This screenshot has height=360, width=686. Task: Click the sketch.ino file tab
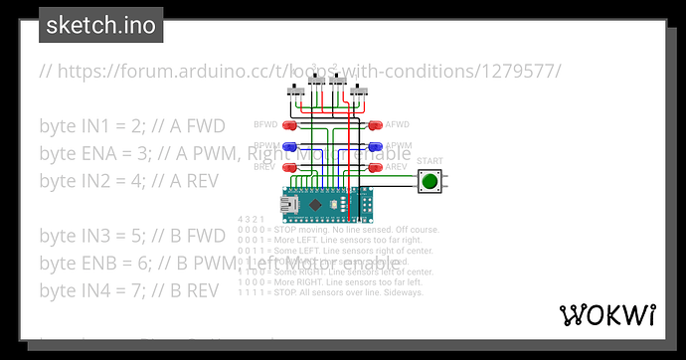(100, 25)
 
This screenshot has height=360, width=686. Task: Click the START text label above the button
(429, 161)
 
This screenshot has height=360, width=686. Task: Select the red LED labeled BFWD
(289, 126)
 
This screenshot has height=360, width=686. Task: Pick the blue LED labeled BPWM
(289, 147)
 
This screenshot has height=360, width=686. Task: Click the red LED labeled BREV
(289, 167)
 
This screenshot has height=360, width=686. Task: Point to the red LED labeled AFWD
(374, 126)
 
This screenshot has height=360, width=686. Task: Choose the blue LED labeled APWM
(374, 147)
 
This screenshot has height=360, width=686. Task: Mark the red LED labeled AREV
(374, 167)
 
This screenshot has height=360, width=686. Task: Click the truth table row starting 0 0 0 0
(328, 228)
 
